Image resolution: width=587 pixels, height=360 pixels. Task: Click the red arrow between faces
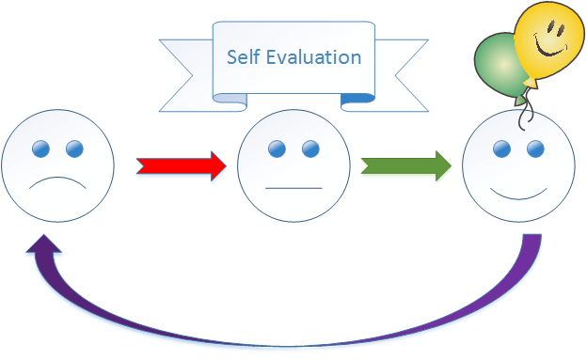click(182, 165)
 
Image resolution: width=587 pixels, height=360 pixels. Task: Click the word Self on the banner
click(245, 56)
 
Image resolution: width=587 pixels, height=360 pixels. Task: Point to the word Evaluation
click(318, 56)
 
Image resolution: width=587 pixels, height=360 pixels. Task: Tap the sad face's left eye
click(41, 149)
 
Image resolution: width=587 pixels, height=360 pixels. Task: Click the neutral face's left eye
click(277, 149)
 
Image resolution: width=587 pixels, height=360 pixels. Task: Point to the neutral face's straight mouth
click(293, 189)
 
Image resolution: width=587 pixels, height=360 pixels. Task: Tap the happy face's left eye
click(502, 149)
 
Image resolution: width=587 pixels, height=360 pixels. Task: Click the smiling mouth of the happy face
click(519, 194)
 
